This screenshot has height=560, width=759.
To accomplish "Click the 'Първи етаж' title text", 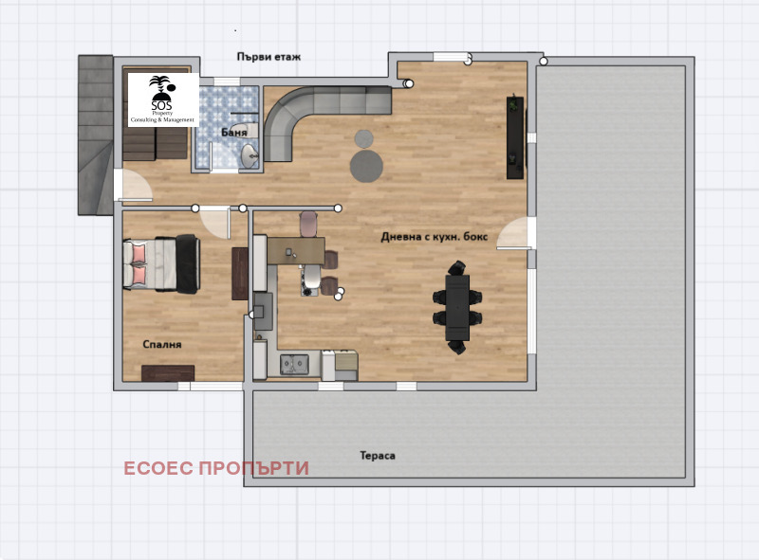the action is click(268, 57).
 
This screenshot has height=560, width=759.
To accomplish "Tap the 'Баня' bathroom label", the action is click(233, 133).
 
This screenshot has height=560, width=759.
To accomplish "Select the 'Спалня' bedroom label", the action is click(162, 344).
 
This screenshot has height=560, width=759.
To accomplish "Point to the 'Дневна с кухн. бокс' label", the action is click(435, 237).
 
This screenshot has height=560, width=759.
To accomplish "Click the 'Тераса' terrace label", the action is click(378, 456).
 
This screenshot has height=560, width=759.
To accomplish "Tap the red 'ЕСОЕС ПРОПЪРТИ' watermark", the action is click(216, 468).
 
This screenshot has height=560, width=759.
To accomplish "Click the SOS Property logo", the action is click(163, 99).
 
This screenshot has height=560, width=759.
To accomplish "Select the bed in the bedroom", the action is click(161, 264).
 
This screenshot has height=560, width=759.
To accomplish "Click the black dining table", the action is click(457, 308).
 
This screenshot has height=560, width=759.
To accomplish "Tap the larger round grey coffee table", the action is click(367, 166).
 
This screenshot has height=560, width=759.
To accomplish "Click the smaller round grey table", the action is click(364, 139).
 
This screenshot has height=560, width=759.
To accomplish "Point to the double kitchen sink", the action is click(295, 364).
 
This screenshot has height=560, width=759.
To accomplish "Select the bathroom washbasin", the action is click(250, 155).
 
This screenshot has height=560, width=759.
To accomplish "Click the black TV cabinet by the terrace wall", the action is click(515, 137).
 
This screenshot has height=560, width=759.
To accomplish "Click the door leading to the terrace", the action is click(514, 233).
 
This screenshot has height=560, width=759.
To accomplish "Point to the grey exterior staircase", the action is click(96, 135).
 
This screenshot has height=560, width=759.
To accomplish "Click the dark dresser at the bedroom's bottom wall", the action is click(168, 372).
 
